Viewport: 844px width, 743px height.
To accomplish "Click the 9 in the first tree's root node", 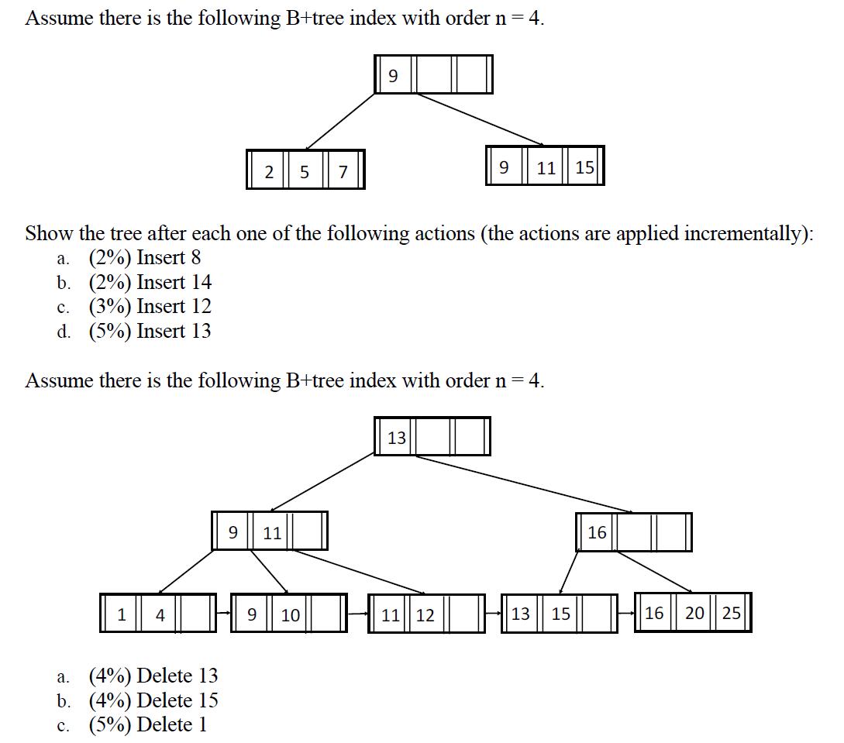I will (392, 75).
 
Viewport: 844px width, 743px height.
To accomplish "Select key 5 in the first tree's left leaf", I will (305, 172).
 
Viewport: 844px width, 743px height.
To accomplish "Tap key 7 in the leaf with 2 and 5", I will (342, 172).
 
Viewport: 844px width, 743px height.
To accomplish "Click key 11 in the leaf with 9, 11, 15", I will (546, 167).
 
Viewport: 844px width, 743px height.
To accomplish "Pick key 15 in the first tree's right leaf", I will (585, 167).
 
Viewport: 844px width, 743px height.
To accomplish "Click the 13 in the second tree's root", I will (397, 438).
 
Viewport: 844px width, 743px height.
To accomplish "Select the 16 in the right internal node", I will (597, 532).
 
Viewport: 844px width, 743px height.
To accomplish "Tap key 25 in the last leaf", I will (731, 613).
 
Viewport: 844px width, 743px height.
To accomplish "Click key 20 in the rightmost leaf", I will (694, 613).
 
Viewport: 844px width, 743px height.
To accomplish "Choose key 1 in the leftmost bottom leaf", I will (122, 615).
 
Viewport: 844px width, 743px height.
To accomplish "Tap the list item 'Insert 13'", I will (174, 331).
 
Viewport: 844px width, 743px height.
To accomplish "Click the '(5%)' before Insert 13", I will (110, 331).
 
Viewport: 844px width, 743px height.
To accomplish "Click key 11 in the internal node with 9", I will (272, 533).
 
